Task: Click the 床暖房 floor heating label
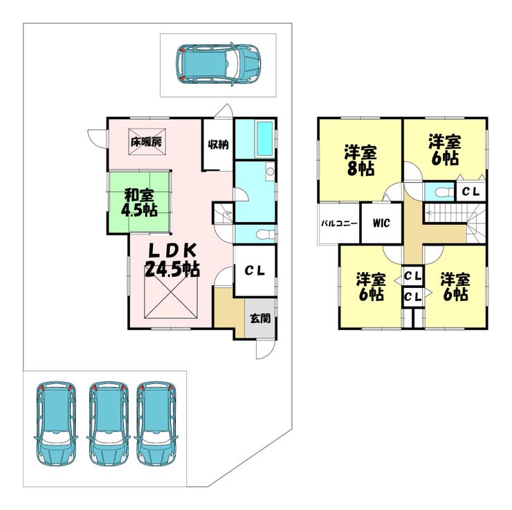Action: [x=146, y=143]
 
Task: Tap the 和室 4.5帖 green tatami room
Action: [x=138, y=201]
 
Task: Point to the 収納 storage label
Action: [x=218, y=145]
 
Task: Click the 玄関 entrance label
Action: [x=260, y=319]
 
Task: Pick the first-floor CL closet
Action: [x=255, y=271]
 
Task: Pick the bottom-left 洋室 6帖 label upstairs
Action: [x=371, y=287]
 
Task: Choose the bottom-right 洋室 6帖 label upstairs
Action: [x=455, y=287]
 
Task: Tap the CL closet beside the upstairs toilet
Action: [x=473, y=190]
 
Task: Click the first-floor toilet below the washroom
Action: [x=257, y=233]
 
